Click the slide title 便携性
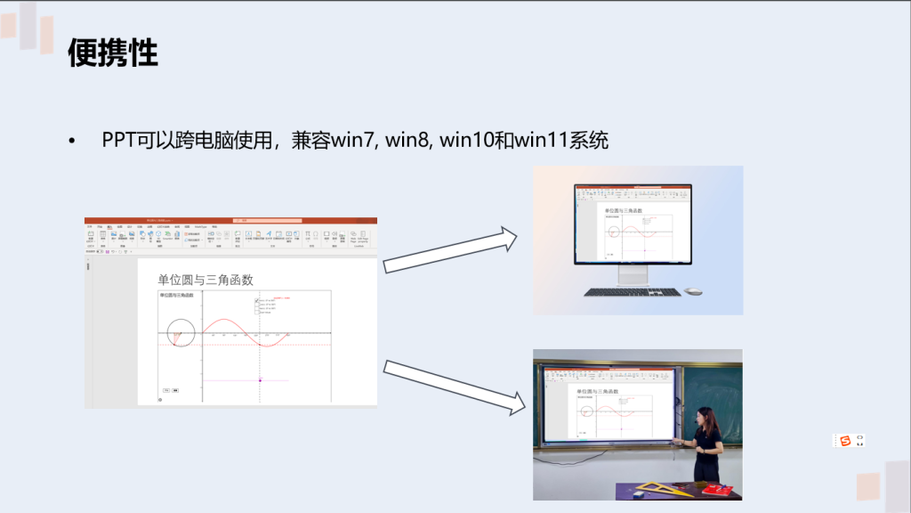point(113,53)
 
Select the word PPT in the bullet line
point(119,141)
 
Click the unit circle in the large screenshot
point(181,332)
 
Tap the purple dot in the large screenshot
point(260,379)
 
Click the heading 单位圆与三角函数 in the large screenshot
point(206,280)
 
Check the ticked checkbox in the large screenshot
point(257,301)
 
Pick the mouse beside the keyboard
point(693,291)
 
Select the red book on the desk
point(716,489)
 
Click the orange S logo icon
point(844,441)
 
